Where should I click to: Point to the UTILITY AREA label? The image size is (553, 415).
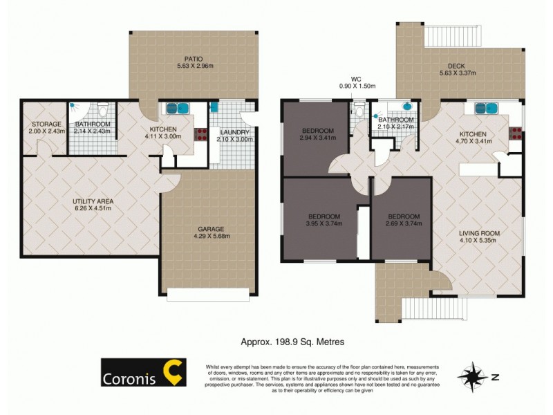tap(93, 201)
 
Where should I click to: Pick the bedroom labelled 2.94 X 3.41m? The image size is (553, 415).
tap(318, 134)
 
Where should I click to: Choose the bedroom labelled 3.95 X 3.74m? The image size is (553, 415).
tap(324, 220)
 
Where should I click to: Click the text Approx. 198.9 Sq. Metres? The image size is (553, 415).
tap(292, 341)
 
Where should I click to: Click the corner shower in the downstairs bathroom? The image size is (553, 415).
tap(77, 111)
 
